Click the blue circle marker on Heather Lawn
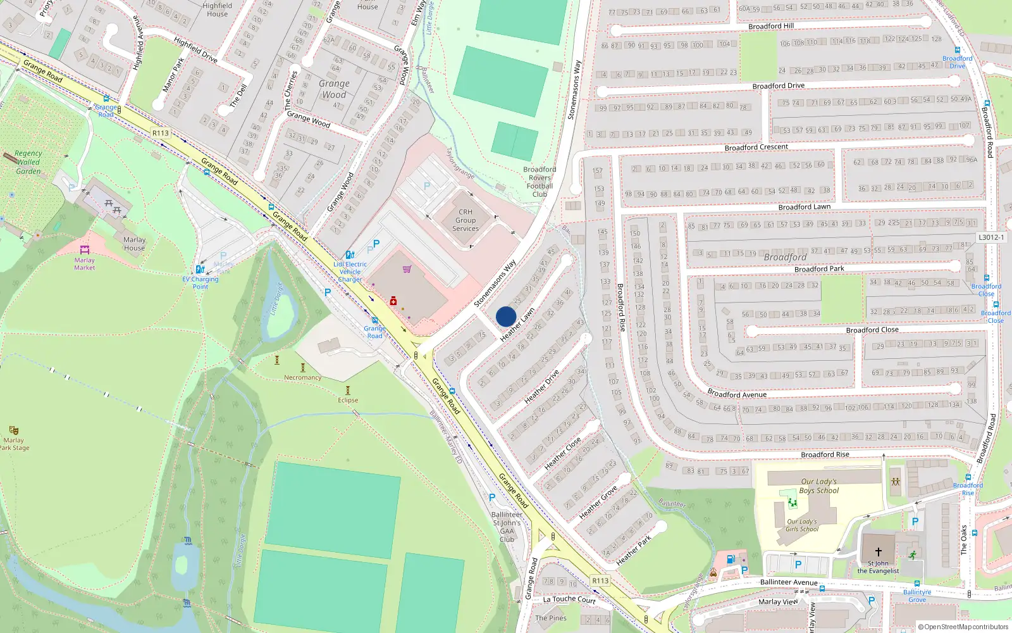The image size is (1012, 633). pyautogui.click(x=506, y=316)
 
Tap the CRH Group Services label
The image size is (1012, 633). pyautogui.click(x=466, y=220)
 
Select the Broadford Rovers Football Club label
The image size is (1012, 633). pyautogui.click(x=540, y=182)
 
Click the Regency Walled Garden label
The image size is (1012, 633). pyautogui.click(x=28, y=162)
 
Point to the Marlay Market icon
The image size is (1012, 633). pyautogui.click(x=85, y=250)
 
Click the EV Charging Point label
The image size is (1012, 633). pyautogui.click(x=201, y=282)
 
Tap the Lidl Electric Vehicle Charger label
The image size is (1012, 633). pyautogui.click(x=350, y=272)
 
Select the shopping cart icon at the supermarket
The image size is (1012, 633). pyautogui.click(x=407, y=269)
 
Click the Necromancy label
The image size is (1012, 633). pyautogui.click(x=302, y=377)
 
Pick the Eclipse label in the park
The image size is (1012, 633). pyautogui.click(x=348, y=400)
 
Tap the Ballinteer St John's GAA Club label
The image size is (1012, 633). pyautogui.click(x=507, y=527)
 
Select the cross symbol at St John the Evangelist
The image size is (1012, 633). pyautogui.click(x=878, y=552)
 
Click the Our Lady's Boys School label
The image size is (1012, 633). pyautogui.click(x=819, y=486)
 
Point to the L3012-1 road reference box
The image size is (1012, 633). pyautogui.click(x=991, y=237)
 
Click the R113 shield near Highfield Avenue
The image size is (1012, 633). pyautogui.click(x=161, y=133)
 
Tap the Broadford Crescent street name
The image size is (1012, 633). pyautogui.click(x=756, y=147)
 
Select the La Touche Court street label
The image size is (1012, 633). pyautogui.click(x=569, y=599)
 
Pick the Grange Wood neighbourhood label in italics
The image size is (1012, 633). pyautogui.click(x=334, y=89)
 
